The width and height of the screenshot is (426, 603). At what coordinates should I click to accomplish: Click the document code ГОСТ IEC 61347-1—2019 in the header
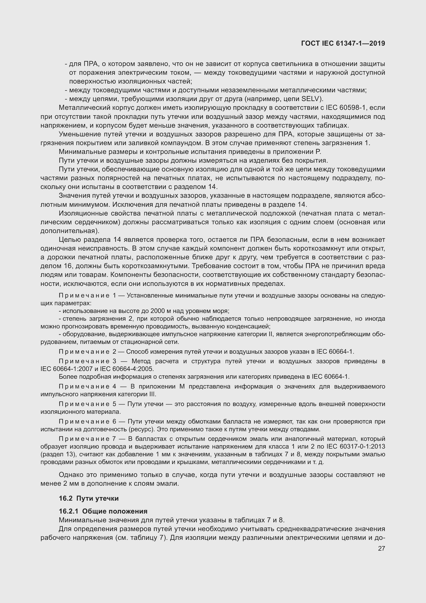(x=343, y=43)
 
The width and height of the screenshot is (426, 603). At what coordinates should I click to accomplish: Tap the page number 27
(x=381, y=548)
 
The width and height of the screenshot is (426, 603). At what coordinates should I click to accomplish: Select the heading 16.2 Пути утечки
(x=89, y=498)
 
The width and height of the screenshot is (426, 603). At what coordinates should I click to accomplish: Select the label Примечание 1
(x=87, y=295)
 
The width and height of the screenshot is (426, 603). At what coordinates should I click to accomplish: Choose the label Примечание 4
(x=87, y=387)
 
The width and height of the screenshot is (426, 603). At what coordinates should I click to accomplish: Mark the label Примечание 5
(x=87, y=404)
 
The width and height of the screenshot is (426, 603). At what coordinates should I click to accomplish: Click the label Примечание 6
(x=87, y=422)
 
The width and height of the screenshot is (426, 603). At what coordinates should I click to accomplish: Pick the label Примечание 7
(x=87, y=439)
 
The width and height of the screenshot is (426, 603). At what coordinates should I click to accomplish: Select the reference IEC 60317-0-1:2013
(x=356, y=447)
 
